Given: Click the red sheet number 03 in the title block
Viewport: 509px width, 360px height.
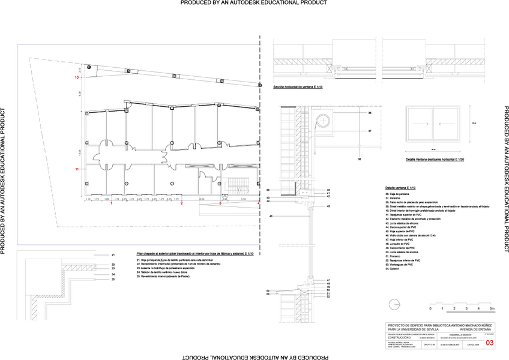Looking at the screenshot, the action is [489, 343].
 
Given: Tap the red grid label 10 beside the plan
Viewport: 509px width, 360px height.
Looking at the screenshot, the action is [77, 78].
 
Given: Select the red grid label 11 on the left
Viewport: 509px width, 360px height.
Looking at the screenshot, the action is [77, 170].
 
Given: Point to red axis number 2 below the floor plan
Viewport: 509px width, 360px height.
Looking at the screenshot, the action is [181, 204].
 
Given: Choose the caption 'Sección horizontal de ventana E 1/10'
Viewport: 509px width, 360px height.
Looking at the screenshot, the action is [298, 88].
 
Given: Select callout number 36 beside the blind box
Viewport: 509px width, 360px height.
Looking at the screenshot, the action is [370, 113].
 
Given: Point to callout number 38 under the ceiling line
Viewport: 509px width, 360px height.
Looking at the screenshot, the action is [360, 160].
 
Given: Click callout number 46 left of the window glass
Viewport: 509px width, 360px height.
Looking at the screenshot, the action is [271, 215].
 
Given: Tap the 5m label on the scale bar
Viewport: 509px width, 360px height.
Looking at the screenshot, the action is [492, 308].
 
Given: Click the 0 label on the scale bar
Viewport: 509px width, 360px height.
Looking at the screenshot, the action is [441, 308].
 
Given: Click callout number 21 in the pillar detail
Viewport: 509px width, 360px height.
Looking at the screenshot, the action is [113, 255].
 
